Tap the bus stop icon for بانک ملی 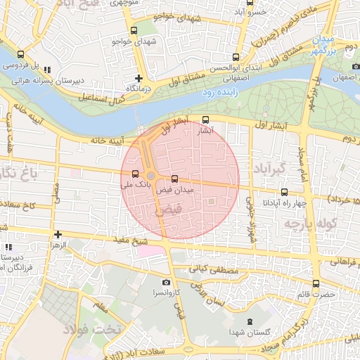[x=135, y=174]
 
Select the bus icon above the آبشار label [x=205, y=120]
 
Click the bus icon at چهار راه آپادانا [x=284, y=192]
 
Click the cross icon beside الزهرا [x=58, y=234]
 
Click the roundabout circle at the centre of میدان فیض [x=150, y=176]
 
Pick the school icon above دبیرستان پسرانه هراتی [x=47, y=70]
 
